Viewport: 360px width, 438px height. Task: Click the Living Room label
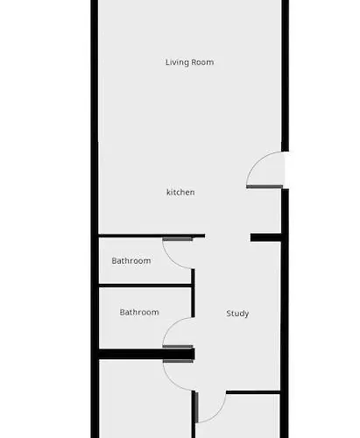point(189,62)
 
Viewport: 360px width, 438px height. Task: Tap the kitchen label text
point(180,192)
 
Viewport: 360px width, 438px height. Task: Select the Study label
point(237,314)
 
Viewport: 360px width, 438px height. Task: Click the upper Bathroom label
point(131,260)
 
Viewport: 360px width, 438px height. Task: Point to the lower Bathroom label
point(139,312)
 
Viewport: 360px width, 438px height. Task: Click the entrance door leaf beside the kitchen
point(265,187)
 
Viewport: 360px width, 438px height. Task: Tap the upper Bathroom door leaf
point(178,239)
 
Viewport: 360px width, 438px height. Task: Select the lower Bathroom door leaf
point(178,347)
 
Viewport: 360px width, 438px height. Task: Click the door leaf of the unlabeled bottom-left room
point(178,361)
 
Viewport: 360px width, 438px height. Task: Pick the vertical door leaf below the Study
point(196,407)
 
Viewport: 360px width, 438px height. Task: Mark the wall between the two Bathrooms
point(145,286)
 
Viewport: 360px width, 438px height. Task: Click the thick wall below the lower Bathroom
point(146,354)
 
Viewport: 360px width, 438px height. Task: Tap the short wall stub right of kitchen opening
point(265,237)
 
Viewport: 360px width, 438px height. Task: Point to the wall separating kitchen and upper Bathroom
point(152,236)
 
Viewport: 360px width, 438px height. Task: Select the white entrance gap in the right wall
point(286,170)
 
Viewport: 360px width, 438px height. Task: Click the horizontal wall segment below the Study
point(253,392)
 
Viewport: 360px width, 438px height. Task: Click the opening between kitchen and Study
point(228,237)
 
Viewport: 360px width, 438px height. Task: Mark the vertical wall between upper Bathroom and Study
point(193,293)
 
